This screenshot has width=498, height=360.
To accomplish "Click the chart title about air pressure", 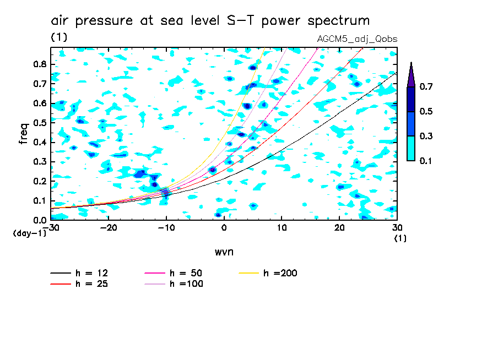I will (210, 21).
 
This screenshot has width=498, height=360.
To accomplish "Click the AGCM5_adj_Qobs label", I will (357, 39).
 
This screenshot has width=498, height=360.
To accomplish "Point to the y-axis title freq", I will (23, 133).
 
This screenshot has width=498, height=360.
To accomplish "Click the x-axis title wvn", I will (224, 252).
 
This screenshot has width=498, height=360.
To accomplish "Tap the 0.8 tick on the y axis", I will (40, 64).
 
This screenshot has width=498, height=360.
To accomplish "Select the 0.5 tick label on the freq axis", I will (40, 123).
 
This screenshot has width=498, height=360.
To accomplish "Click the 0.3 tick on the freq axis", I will (40, 162).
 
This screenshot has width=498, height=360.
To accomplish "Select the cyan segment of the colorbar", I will (411, 148).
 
